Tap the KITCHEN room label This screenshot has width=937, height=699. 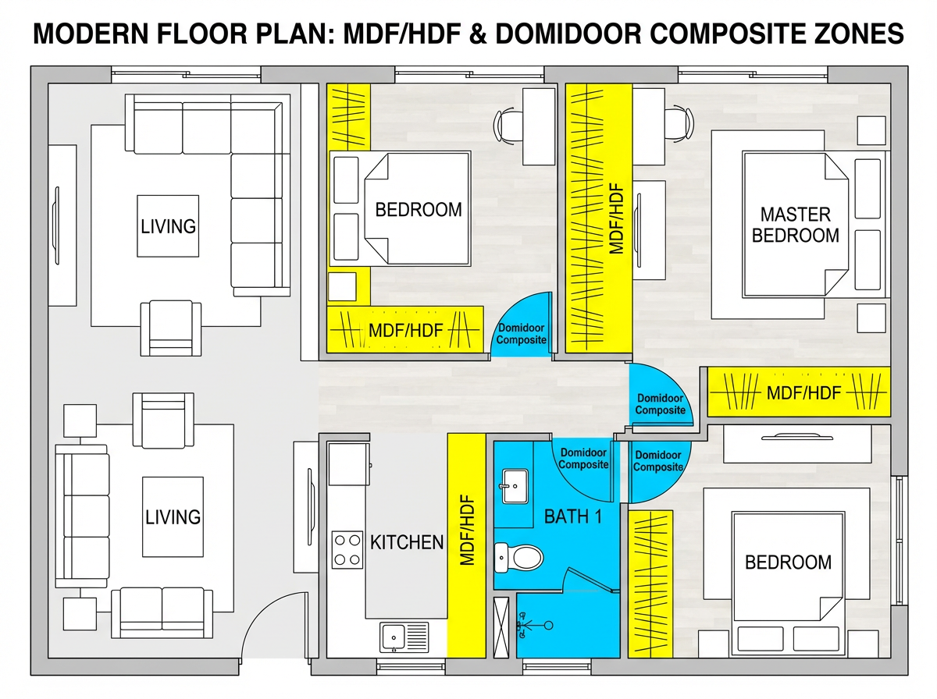tap(406, 542)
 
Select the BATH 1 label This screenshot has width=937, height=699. tap(572, 516)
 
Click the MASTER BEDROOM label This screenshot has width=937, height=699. tap(795, 224)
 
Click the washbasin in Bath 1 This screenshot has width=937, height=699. tap(514, 487)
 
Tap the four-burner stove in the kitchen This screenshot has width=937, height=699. tap(347, 549)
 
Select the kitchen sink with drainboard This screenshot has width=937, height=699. tap(404, 637)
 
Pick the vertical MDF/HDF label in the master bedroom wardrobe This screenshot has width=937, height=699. tap(616, 219)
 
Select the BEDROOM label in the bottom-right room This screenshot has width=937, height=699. tap(787, 562)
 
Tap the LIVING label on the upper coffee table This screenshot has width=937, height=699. tap(168, 226)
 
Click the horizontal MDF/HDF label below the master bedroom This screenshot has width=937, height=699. tap(803, 392)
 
